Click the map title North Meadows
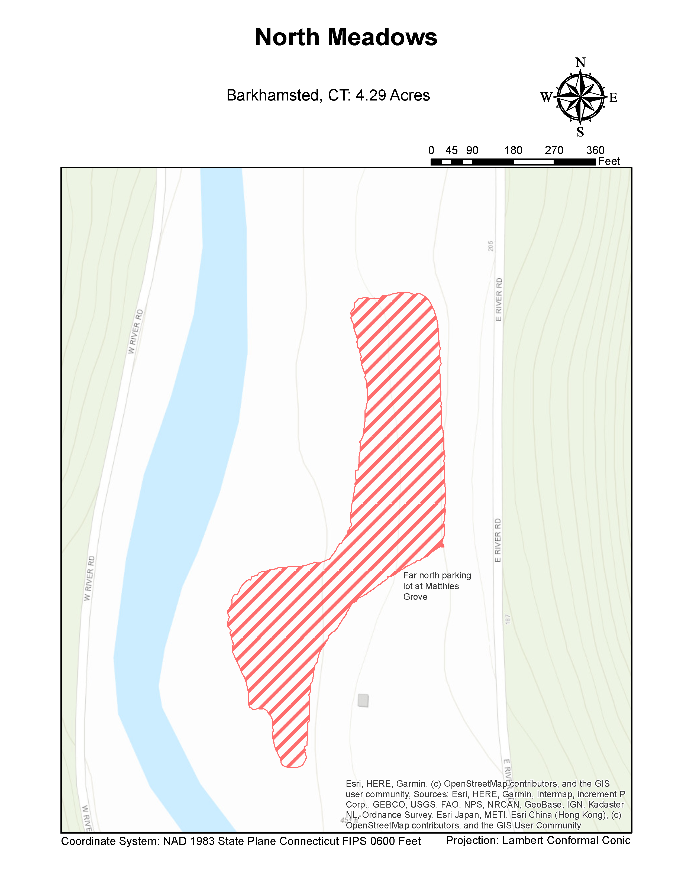[346, 37]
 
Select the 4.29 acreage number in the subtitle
[370, 95]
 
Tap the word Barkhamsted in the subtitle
[272, 95]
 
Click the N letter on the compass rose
[580, 63]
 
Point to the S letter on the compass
[580, 132]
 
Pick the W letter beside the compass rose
[546, 98]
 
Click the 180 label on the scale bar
[513, 150]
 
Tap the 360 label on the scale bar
[595, 150]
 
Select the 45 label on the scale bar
[451, 150]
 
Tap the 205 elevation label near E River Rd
[490, 246]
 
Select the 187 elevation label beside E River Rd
[508, 619]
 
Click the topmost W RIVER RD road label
[135, 332]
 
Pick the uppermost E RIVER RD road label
[499, 299]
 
